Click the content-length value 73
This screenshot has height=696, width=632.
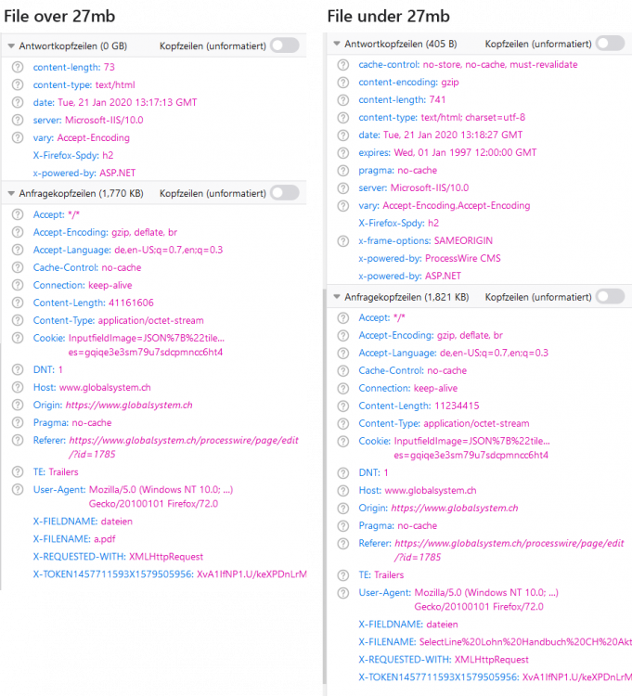click(x=110, y=68)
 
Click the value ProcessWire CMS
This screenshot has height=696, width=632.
click(x=463, y=259)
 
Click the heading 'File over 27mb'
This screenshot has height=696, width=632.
click(x=59, y=18)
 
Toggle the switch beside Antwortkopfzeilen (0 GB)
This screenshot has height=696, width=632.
click(x=284, y=45)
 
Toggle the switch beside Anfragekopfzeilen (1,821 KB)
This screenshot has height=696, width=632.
click(x=610, y=297)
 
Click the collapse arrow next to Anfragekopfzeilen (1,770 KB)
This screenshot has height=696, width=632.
click(x=10, y=193)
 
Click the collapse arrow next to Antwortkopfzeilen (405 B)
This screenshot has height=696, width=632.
click(x=335, y=44)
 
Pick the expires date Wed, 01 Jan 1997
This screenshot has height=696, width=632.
click(x=478, y=153)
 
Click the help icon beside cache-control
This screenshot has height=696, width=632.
click(x=342, y=65)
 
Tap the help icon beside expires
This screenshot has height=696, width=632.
click(x=342, y=153)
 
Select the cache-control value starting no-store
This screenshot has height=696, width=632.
click(x=499, y=65)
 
